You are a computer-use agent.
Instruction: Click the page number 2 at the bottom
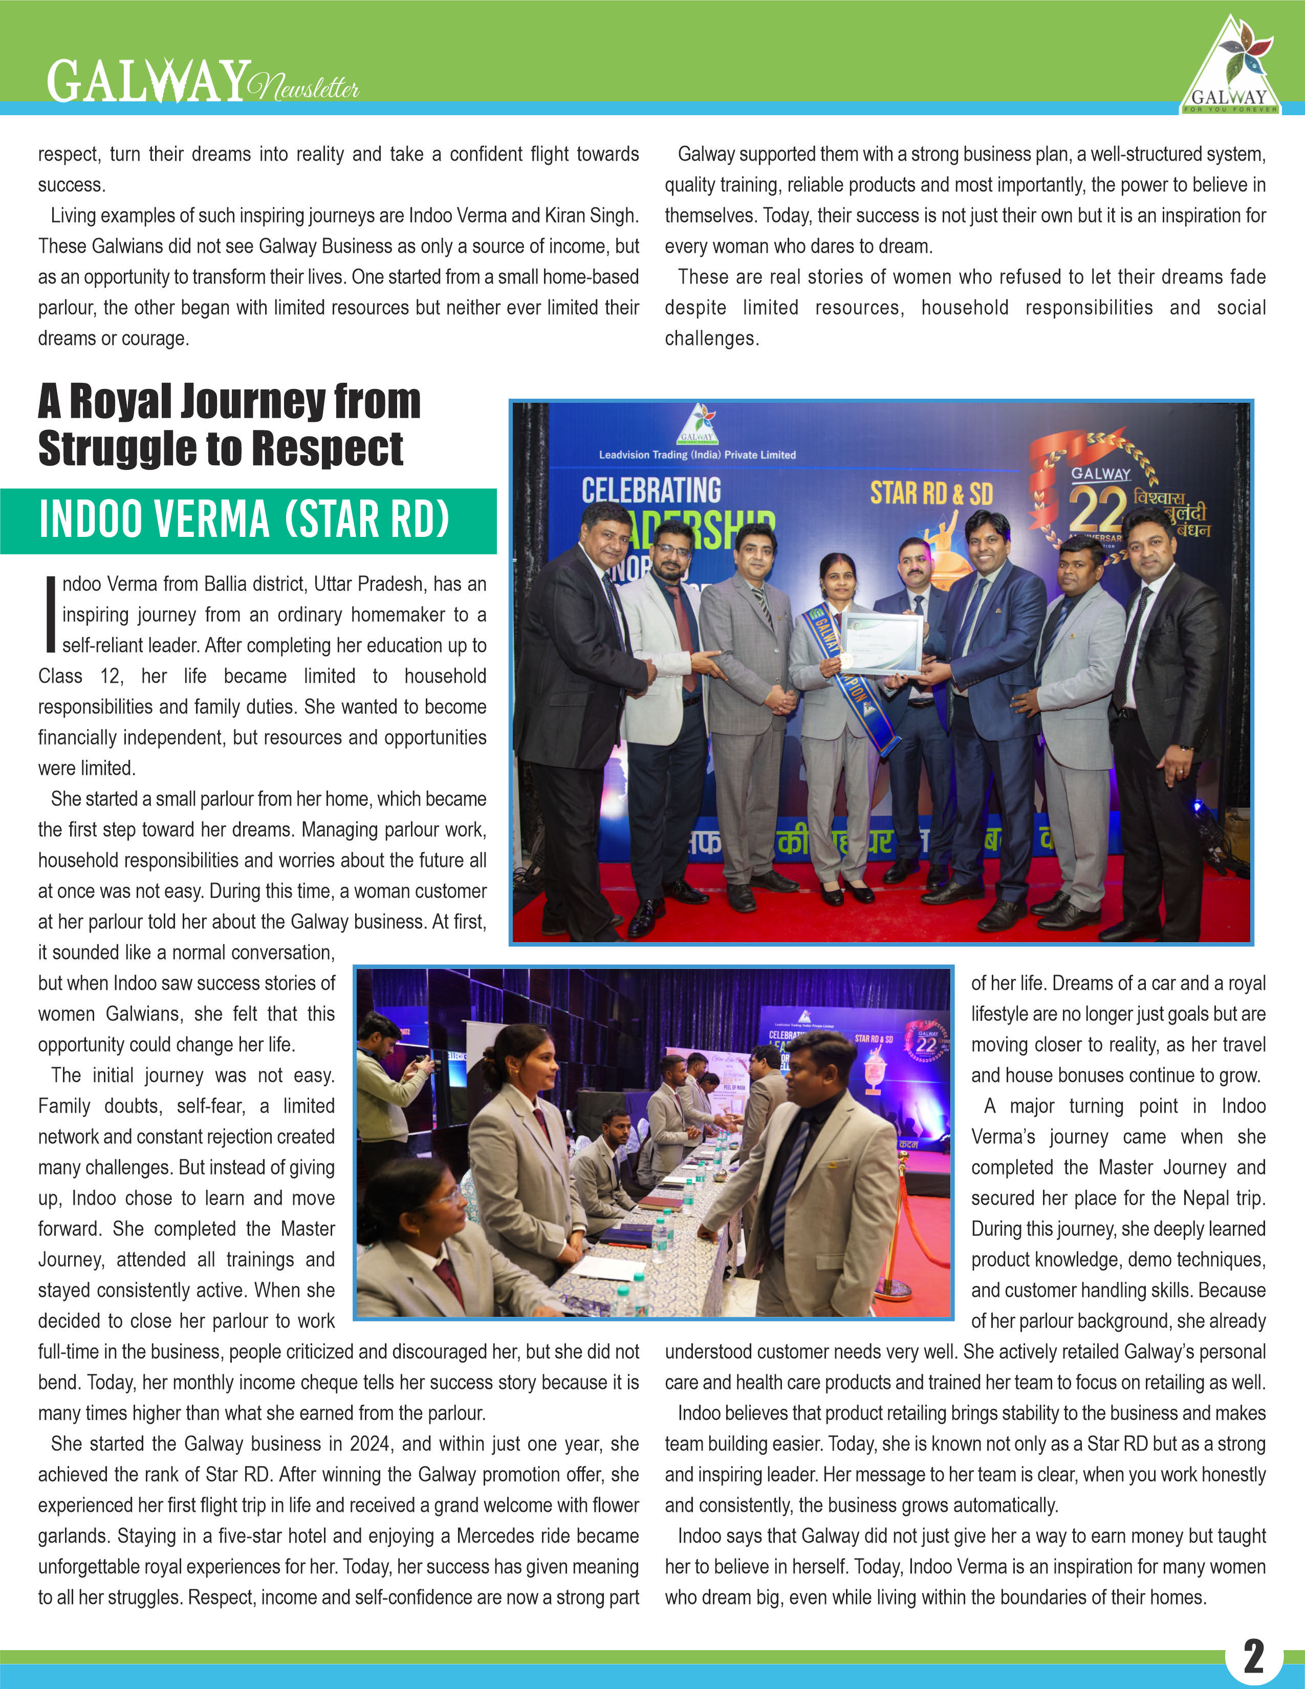pyautogui.click(x=1253, y=1656)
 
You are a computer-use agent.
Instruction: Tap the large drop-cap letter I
pyautogui.click(x=50, y=614)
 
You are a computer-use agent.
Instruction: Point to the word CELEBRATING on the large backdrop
pyautogui.click(x=651, y=490)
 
